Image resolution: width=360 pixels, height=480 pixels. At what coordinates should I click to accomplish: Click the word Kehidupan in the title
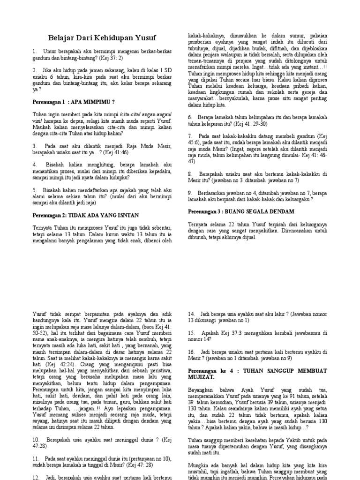(98, 38)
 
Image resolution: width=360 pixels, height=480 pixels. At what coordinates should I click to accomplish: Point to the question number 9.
(190, 193)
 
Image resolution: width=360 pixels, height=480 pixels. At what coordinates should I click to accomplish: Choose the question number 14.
(191, 314)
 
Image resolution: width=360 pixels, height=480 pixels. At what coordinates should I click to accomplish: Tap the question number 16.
(191, 352)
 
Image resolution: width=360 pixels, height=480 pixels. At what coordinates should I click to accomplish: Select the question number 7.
(190, 135)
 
